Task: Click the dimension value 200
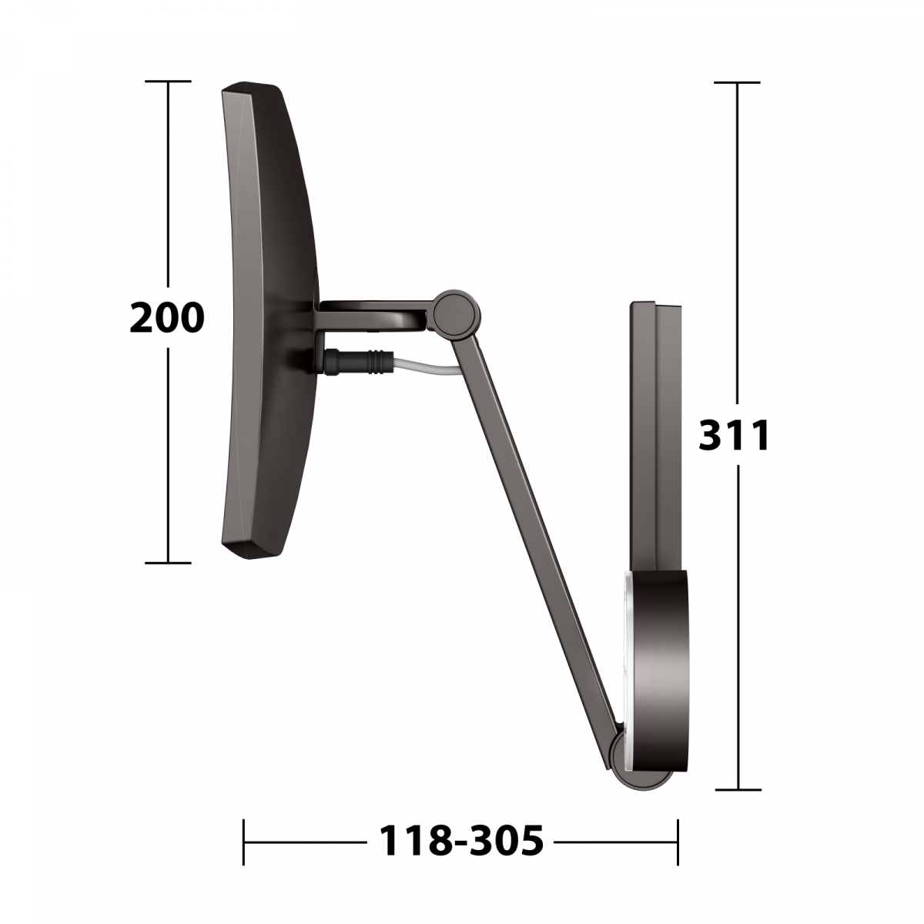tap(167, 317)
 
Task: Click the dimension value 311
tap(734, 434)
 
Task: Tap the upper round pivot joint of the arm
tap(456, 313)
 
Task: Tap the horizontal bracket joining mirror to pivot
tap(374, 316)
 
